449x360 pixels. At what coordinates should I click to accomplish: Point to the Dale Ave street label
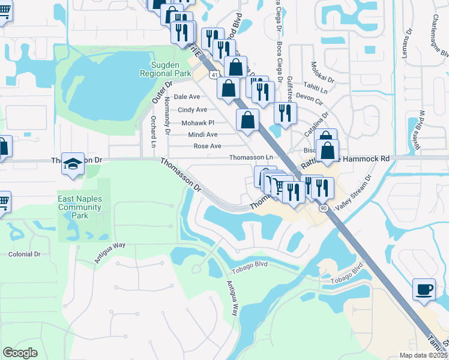tap(186, 97)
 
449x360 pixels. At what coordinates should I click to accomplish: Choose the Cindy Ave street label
tap(192, 110)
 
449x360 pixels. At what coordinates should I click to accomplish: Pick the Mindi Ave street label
tap(202, 135)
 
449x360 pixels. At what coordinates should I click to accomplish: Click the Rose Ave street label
tap(207, 146)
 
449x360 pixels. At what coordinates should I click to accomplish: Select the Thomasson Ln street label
tap(251, 157)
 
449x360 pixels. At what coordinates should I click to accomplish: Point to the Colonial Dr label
tap(24, 254)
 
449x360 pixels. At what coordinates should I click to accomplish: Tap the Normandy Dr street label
tap(167, 116)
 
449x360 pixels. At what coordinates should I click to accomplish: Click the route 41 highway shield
tap(214, 74)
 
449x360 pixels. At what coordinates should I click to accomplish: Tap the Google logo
tap(20, 352)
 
